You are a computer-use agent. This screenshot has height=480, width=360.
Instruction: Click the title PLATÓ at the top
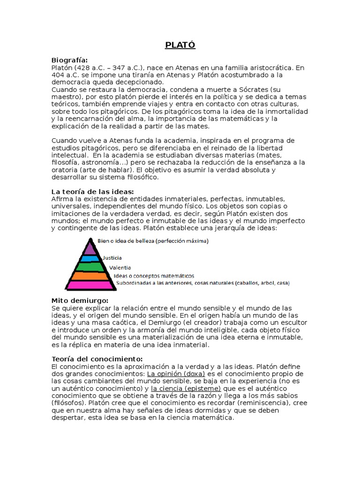pos(180,45)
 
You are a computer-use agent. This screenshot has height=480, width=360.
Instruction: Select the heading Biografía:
pos(69,60)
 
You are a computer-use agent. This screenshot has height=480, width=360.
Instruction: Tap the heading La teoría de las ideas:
pos(92,192)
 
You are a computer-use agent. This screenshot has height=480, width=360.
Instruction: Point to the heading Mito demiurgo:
pos(80,300)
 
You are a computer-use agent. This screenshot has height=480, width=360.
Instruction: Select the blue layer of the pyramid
pos(90,258)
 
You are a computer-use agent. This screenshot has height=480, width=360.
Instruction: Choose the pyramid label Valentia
pos(120,267)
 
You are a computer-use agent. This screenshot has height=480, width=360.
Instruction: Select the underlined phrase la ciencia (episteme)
pos(185,389)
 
